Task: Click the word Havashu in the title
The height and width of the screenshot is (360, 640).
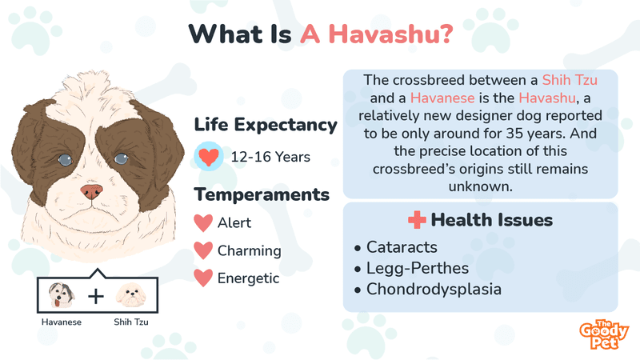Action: [390, 34]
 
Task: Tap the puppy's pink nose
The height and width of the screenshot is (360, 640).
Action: [91, 191]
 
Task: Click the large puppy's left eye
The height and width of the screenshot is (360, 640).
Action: [65, 159]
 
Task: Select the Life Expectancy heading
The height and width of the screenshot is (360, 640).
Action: [266, 125]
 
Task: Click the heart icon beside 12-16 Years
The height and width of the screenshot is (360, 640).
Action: [209, 156]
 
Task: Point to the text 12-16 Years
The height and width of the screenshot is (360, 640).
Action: [270, 157]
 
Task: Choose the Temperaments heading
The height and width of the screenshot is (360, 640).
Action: [262, 194]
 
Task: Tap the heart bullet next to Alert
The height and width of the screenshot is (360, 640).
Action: [203, 223]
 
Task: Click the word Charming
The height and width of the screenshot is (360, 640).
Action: [249, 250]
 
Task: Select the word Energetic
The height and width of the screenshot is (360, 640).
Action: [248, 278]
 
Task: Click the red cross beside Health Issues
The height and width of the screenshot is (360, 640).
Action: [417, 219]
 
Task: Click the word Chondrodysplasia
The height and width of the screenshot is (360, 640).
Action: [434, 289]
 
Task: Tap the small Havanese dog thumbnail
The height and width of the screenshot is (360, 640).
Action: [62, 295]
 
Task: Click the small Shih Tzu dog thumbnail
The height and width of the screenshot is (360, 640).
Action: [130, 296]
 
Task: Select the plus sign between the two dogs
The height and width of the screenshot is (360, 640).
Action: [96, 296]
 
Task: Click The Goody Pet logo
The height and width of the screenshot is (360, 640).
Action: [604, 334]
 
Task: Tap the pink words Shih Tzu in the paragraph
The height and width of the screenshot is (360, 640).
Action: [570, 80]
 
